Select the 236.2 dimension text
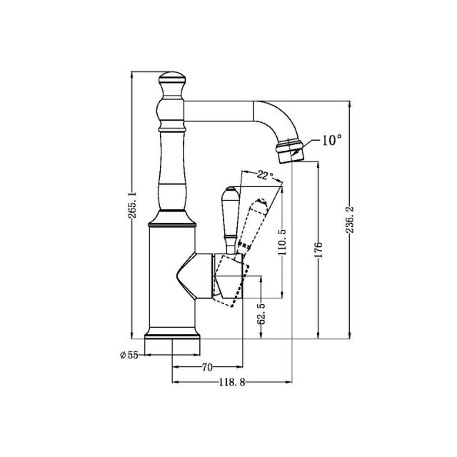(351, 221)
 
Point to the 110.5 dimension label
(283, 242)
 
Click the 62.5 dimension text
(262, 313)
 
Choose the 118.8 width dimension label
(232, 383)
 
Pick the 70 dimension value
(207, 368)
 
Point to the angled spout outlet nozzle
(290, 151)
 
